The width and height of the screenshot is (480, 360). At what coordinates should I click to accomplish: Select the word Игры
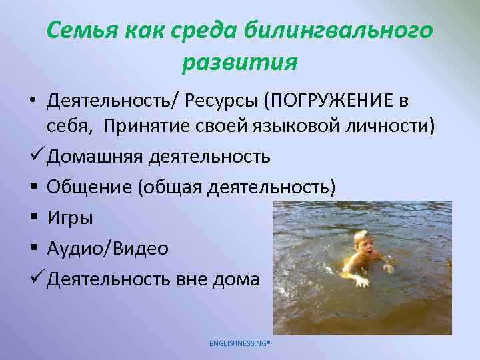(x=70, y=218)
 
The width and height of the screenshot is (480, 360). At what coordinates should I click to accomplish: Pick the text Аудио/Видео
(x=107, y=249)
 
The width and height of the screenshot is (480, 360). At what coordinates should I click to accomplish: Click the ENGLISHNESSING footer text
(x=239, y=343)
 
